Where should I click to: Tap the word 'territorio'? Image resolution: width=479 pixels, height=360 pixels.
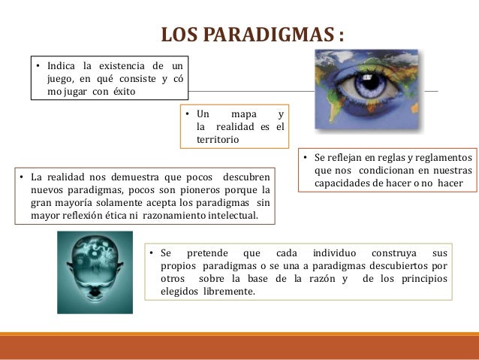pyautogui.click(x=218, y=140)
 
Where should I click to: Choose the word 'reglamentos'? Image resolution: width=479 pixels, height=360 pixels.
pyautogui.click(x=443, y=159)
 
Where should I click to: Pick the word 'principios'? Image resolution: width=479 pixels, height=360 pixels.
pyautogui.click(x=424, y=280)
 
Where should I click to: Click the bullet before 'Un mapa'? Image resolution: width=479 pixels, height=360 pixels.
pyautogui.click(x=186, y=114)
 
